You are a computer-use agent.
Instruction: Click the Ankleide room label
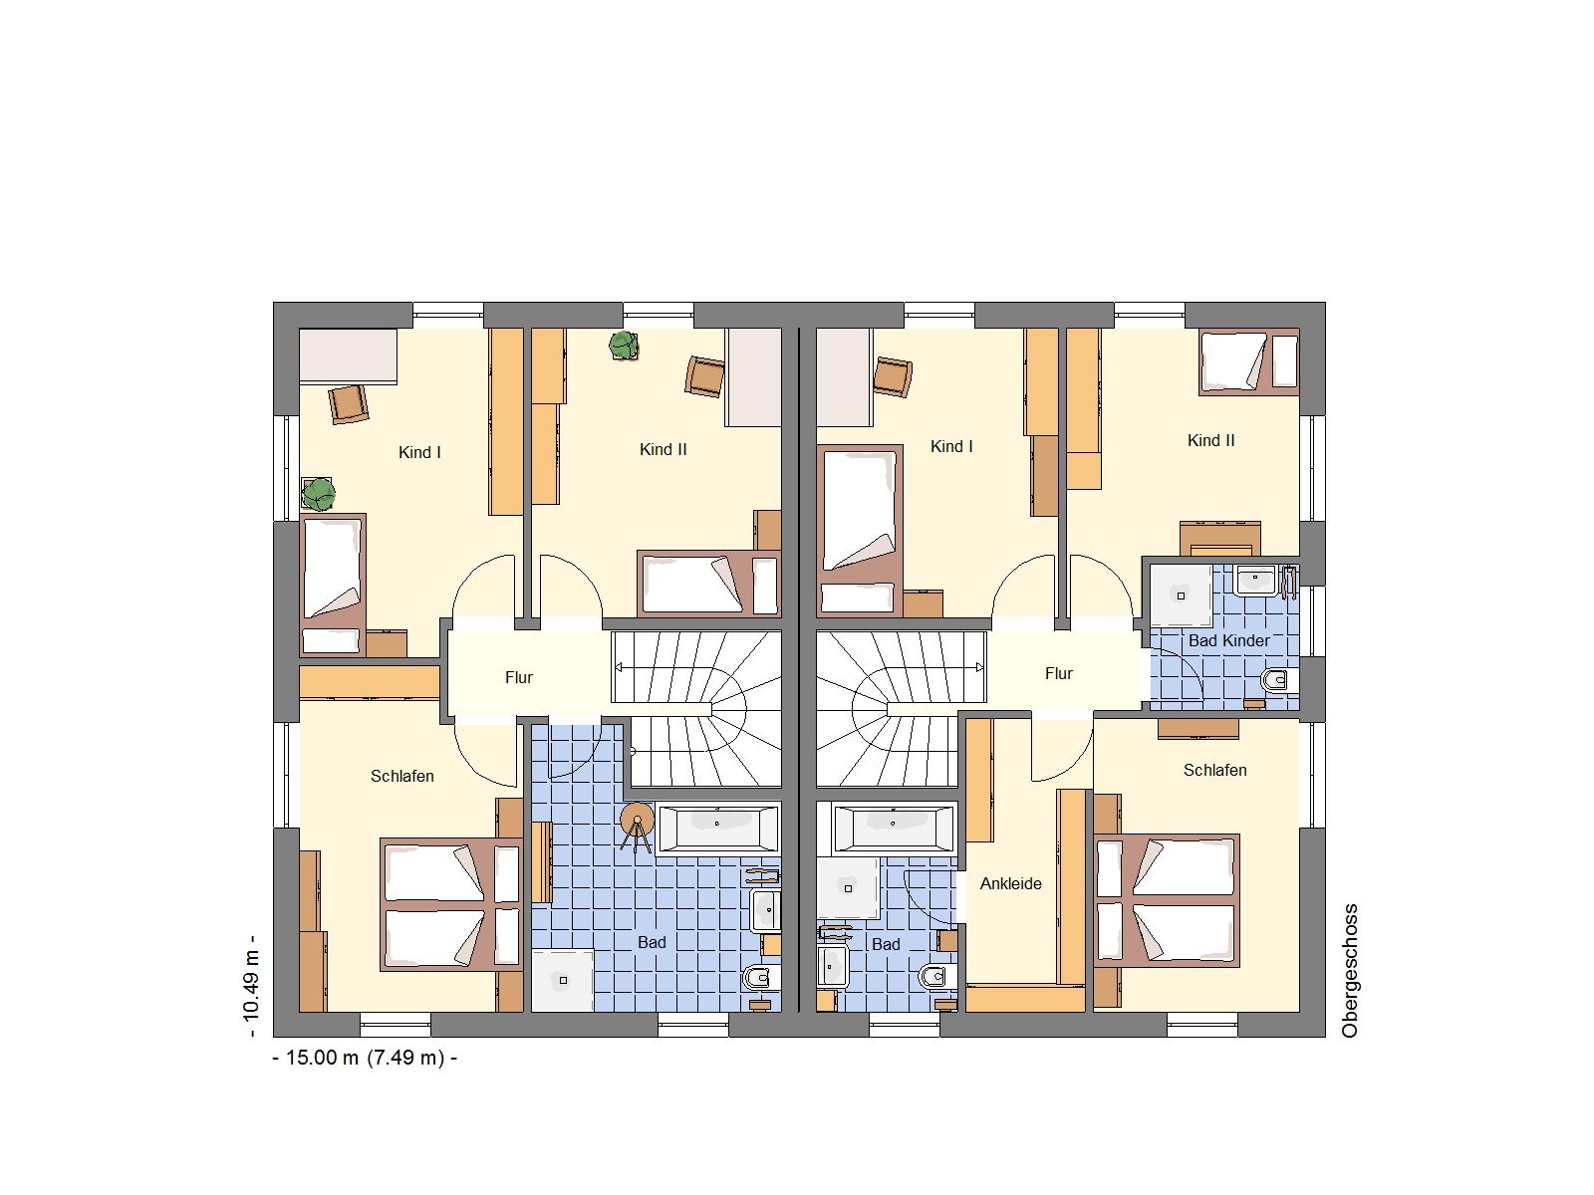1010,883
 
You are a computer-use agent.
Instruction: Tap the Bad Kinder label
1228,640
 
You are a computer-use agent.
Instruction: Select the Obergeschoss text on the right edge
1350,971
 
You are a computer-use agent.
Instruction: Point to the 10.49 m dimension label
250,988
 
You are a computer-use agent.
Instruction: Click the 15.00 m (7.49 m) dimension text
365,1058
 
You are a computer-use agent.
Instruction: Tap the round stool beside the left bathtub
637,820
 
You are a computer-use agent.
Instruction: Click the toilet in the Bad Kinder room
1279,680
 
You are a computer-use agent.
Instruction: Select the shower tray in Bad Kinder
1181,595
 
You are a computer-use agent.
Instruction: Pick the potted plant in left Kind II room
624,345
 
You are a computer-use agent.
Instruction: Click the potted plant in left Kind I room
318,494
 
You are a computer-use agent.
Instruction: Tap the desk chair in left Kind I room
349,403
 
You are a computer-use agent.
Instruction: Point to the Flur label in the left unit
518,678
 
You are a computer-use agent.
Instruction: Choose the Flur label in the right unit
1058,674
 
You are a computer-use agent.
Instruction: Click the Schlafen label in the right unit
1214,770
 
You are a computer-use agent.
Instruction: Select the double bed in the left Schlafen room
451,905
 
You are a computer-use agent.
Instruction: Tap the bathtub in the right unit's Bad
894,828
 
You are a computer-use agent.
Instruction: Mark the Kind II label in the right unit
1210,440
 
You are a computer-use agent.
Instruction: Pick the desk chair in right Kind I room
893,376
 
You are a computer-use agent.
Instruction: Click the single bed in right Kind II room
1248,362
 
